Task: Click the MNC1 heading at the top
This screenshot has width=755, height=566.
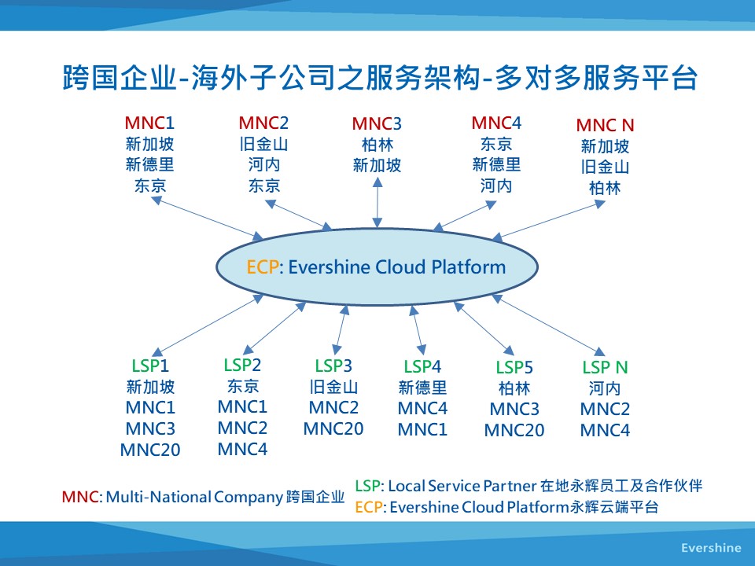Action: (x=149, y=123)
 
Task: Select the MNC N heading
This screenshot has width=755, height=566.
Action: (x=605, y=126)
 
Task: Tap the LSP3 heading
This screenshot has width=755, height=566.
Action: (x=333, y=366)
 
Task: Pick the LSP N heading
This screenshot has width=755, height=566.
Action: (x=605, y=367)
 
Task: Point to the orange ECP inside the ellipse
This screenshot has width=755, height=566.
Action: (x=263, y=267)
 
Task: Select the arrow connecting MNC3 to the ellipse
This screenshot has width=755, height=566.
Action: (x=377, y=203)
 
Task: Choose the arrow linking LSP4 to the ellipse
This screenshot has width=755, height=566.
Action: (x=418, y=330)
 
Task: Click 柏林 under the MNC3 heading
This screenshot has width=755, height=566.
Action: (x=377, y=145)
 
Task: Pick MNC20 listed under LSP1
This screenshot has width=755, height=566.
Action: (x=150, y=450)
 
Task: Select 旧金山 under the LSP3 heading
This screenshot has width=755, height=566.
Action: (x=333, y=387)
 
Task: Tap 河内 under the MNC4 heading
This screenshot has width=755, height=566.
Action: (x=496, y=186)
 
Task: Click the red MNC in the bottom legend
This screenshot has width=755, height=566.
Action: (x=80, y=497)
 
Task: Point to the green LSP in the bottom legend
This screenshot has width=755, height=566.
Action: (x=368, y=486)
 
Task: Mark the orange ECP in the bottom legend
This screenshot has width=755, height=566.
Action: (x=369, y=507)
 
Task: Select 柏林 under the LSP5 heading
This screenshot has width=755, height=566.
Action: (x=514, y=388)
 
